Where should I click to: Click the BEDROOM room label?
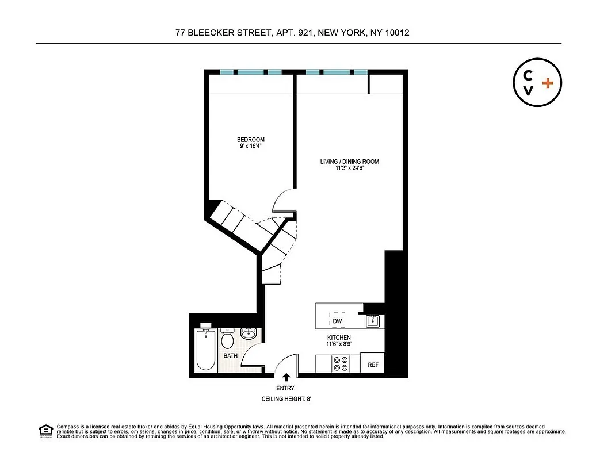[x=251, y=140]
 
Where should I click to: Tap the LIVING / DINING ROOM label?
[x=350, y=162]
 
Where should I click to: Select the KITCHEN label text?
[x=339, y=338]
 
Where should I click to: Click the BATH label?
[x=231, y=356]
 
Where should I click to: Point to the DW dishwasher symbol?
[x=338, y=321]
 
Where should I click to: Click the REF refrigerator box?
[x=372, y=365]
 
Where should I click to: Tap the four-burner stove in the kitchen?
[x=341, y=363]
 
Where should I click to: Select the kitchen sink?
[x=373, y=321]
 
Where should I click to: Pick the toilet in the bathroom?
[x=227, y=339]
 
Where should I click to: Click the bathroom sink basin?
[x=249, y=333]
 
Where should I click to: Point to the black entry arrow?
[x=286, y=377]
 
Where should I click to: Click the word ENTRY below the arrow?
[x=285, y=388]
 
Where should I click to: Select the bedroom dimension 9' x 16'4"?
[x=251, y=147]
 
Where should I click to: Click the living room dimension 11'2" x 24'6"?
[x=350, y=168]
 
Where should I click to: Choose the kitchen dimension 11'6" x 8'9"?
[x=339, y=344]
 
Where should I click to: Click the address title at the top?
[x=292, y=33]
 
